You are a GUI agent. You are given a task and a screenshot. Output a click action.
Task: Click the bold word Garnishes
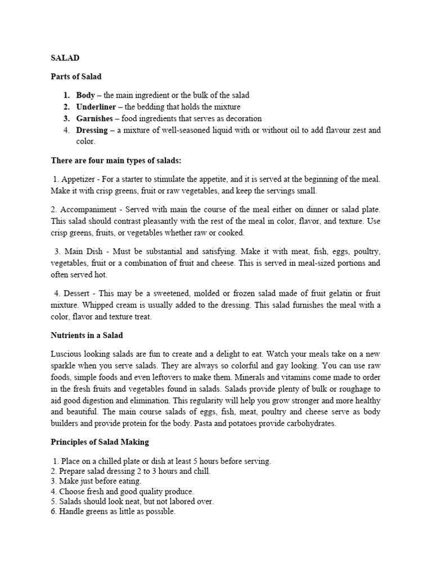pyautogui.click(x=94, y=118)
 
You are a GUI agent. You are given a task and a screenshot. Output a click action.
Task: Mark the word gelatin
pyautogui.click(x=346, y=293)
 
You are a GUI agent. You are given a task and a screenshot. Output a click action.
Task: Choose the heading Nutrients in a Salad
pyautogui.click(x=87, y=335)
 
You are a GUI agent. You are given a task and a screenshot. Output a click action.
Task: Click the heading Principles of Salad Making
pyautogui.click(x=100, y=441)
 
